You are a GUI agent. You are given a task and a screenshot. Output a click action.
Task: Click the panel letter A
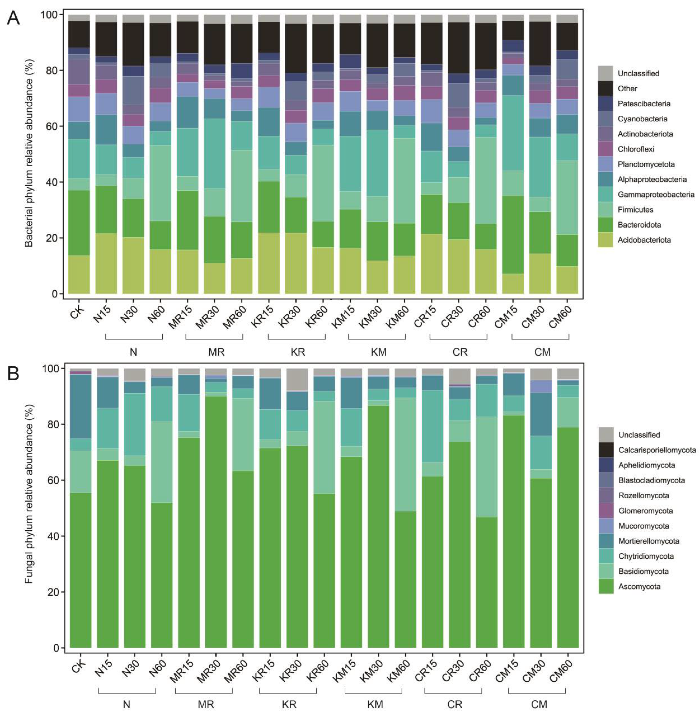click(x=13, y=17)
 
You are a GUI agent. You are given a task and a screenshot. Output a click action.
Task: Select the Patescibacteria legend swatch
click(x=605, y=104)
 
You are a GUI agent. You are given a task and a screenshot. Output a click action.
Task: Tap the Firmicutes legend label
click(x=635, y=209)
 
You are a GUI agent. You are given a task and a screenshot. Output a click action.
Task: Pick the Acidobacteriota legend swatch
click(x=605, y=240)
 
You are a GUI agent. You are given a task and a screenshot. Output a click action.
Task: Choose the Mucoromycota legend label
click(x=643, y=526)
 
